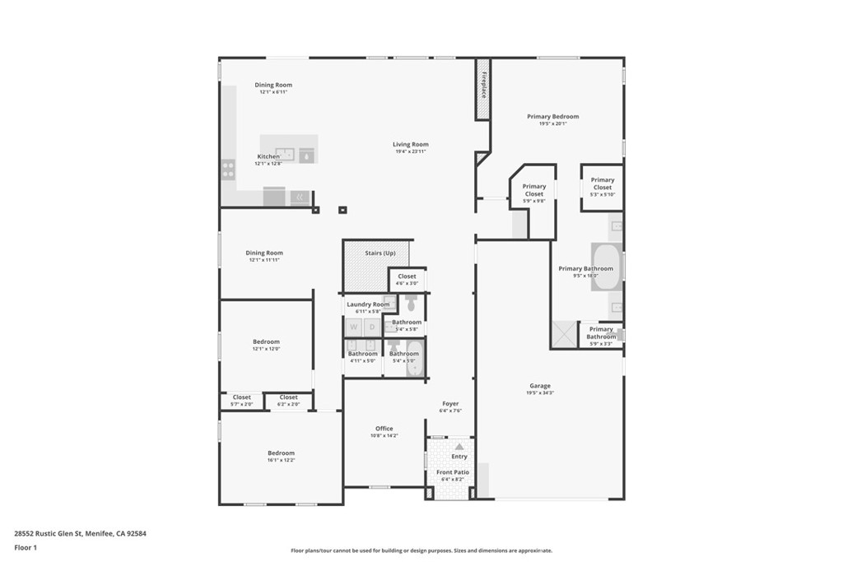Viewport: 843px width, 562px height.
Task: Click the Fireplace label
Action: click(x=484, y=86)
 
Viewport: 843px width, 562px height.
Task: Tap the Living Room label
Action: click(x=412, y=145)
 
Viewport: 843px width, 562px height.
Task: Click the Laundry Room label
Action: click(x=368, y=304)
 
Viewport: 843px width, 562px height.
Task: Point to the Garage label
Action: click(x=540, y=386)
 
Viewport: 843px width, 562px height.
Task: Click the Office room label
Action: click(x=384, y=429)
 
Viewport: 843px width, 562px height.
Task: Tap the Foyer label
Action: click(x=451, y=404)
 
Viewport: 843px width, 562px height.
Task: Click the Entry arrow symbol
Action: click(x=459, y=447)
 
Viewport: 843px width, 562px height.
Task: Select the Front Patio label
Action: click(x=453, y=472)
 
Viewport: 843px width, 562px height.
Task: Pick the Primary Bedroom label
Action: click(x=553, y=117)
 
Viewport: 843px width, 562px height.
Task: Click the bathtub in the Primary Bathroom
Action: click(x=606, y=267)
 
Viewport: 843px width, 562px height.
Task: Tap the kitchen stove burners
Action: click(x=228, y=170)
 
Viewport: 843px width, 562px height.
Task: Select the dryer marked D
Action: click(x=372, y=327)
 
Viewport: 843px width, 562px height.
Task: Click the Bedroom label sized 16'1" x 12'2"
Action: click(x=281, y=453)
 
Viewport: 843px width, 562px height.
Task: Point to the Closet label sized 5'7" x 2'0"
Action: click(x=241, y=397)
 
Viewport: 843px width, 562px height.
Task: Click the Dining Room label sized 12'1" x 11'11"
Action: click(x=264, y=253)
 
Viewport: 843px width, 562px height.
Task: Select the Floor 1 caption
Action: click(x=25, y=546)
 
